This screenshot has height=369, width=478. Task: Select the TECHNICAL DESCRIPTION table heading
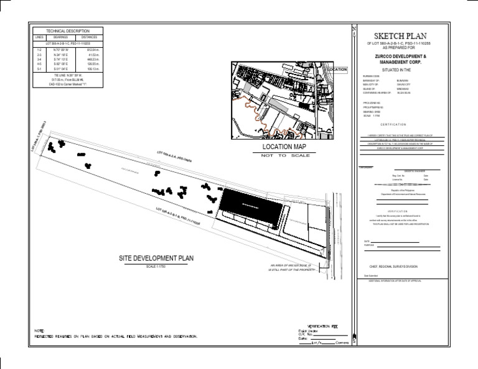pos(68,31)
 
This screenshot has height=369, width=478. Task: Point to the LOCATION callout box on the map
pos(337,70)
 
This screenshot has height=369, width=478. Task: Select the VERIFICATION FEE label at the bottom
pos(326,326)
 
